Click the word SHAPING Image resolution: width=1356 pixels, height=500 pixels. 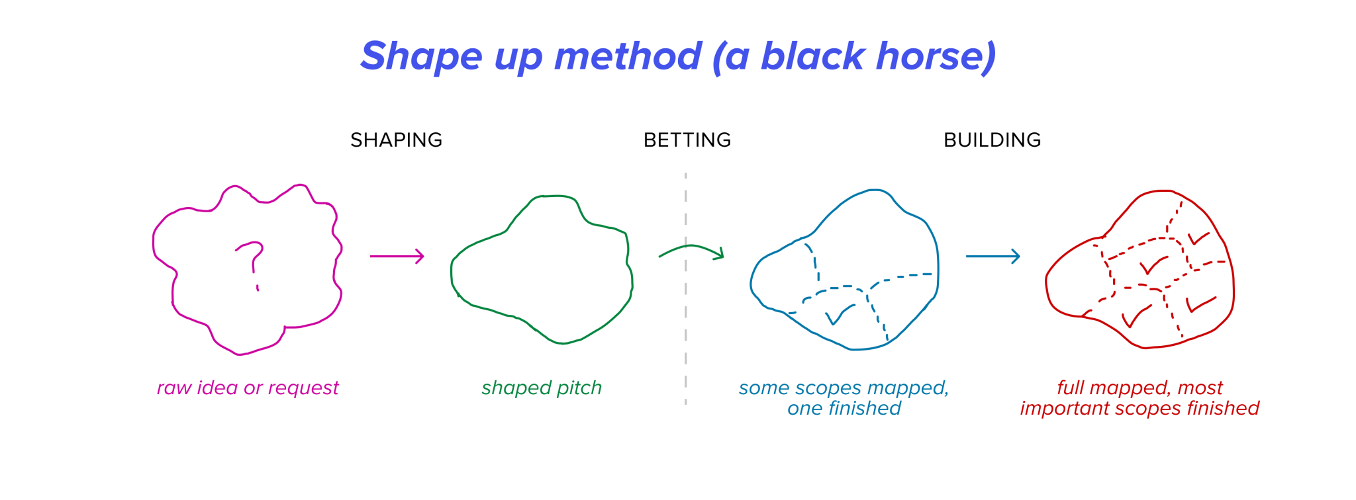coord(396,140)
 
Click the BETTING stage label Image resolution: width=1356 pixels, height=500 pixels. coord(687,140)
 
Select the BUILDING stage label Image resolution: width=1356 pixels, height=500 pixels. coord(992,140)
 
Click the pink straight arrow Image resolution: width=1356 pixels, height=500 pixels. coord(397,256)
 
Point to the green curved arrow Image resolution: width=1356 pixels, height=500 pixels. coord(691,251)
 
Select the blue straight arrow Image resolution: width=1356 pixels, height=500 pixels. coord(993,256)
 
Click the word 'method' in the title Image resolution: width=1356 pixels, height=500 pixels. coord(627,56)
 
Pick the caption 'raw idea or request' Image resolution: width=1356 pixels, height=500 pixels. coord(248,388)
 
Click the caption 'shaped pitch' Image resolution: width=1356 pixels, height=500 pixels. coord(542,388)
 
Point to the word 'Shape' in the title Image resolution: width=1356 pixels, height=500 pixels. coord(421,56)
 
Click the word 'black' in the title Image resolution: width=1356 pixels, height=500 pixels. coord(812,56)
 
